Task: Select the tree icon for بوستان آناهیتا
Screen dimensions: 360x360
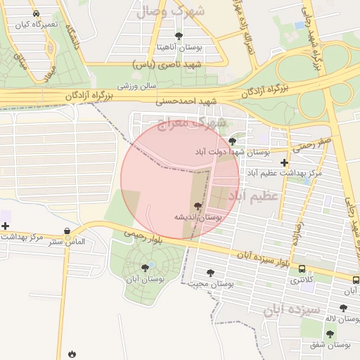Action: (179, 36)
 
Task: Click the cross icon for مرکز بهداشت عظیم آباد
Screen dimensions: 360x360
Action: (284, 162)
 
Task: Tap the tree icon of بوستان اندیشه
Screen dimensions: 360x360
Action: (198, 207)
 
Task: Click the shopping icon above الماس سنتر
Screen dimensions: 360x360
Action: (67, 231)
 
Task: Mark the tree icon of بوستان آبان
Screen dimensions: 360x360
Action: (145, 268)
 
